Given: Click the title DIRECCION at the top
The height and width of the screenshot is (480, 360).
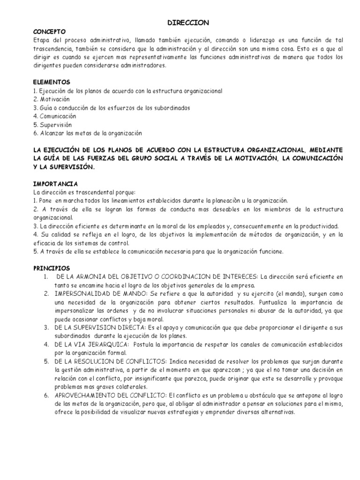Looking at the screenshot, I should tap(188, 22).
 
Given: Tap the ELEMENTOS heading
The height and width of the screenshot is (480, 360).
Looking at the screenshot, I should tap(52, 82).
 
